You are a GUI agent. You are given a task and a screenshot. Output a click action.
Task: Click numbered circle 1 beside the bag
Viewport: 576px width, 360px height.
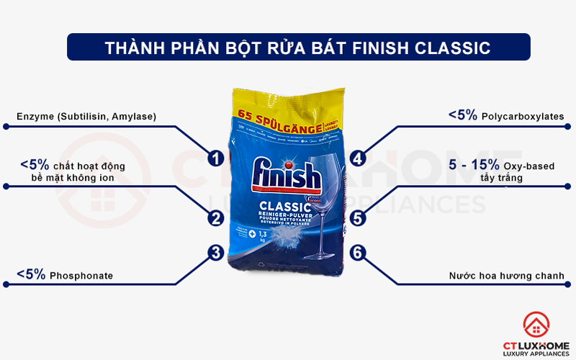tap(214, 158)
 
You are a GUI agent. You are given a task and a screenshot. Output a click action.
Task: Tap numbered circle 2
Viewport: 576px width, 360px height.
tap(214, 217)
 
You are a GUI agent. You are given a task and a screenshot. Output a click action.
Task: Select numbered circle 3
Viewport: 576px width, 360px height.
tap(214, 252)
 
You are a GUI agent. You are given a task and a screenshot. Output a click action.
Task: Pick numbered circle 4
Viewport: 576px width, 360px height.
tap(358, 158)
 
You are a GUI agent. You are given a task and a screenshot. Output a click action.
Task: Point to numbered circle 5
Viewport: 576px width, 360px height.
tap(358, 217)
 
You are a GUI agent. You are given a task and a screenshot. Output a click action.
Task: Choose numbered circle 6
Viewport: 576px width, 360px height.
tap(358, 252)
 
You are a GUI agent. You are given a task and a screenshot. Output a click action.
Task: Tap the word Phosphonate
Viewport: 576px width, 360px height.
tap(81, 276)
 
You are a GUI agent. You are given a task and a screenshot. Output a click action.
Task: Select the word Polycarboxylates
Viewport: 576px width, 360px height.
tap(522, 116)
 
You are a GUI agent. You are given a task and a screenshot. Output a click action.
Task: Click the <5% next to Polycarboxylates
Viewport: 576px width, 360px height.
tap(462, 115)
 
